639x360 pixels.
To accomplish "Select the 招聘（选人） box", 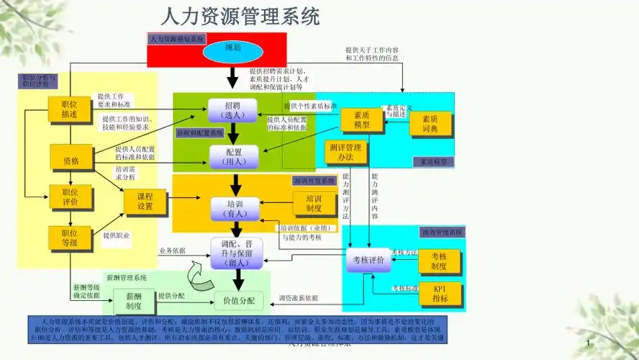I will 232,110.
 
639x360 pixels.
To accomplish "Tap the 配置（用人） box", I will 232,156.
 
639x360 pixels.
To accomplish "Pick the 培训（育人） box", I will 235,208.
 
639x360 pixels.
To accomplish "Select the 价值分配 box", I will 239,300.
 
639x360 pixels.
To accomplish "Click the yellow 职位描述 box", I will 70,109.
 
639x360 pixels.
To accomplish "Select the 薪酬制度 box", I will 134,301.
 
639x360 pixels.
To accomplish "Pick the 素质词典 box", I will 430,124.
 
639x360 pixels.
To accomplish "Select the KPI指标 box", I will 440,294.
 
